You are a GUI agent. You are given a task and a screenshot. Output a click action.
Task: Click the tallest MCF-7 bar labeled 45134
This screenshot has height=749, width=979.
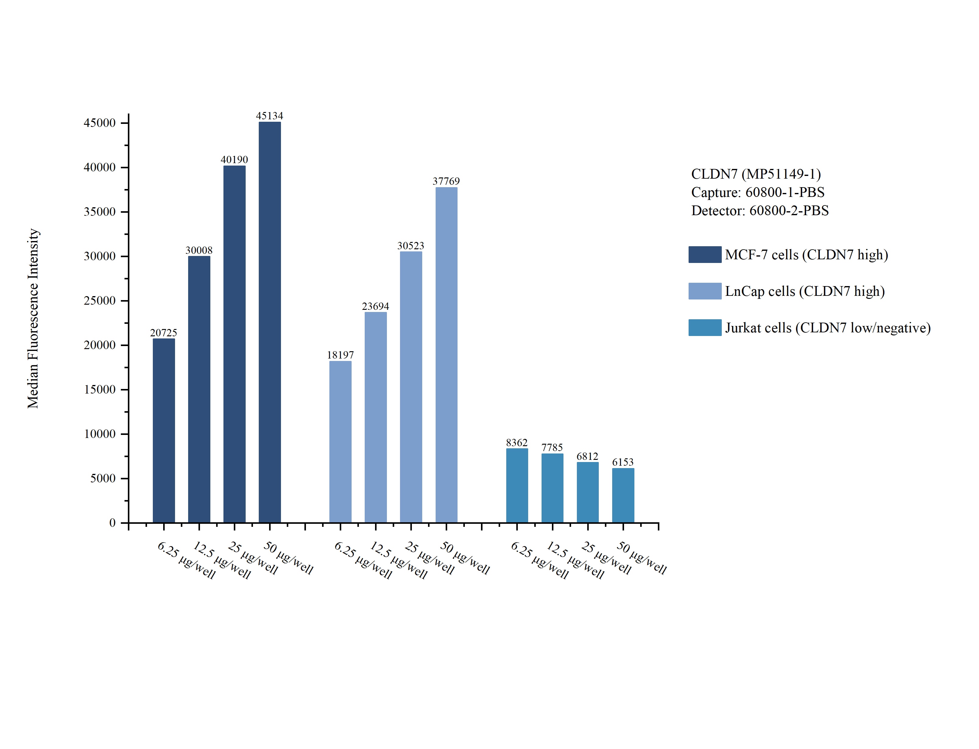coord(269,321)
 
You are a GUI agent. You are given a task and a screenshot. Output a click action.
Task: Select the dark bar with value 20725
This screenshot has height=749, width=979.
coord(163,430)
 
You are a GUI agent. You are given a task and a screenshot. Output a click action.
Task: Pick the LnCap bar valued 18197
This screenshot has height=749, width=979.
coord(340,441)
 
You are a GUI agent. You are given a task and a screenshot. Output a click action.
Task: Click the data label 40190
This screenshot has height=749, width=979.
coord(234,159)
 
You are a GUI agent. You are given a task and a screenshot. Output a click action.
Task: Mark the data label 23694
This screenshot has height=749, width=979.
coord(375,306)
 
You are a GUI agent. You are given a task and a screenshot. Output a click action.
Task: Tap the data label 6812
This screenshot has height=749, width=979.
coord(587,456)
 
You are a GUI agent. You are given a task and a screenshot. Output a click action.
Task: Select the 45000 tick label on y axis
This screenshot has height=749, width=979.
coord(100,123)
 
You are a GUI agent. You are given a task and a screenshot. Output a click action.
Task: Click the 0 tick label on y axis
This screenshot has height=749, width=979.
coord(112,523)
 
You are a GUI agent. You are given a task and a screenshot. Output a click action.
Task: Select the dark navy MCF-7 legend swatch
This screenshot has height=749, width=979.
coord(704,254)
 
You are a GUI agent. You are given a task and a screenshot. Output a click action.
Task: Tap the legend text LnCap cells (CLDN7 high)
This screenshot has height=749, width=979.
coord(804,291)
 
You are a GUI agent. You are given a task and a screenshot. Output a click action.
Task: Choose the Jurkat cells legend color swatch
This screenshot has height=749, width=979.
coord(704,328)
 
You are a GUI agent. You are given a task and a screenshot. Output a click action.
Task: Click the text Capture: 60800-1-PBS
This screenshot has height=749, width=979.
coord(757,192)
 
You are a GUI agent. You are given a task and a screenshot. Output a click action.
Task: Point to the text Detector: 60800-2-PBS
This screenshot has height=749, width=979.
coord(760,210)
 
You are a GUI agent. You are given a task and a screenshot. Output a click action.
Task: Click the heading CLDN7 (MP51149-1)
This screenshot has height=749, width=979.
coord(756,174)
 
